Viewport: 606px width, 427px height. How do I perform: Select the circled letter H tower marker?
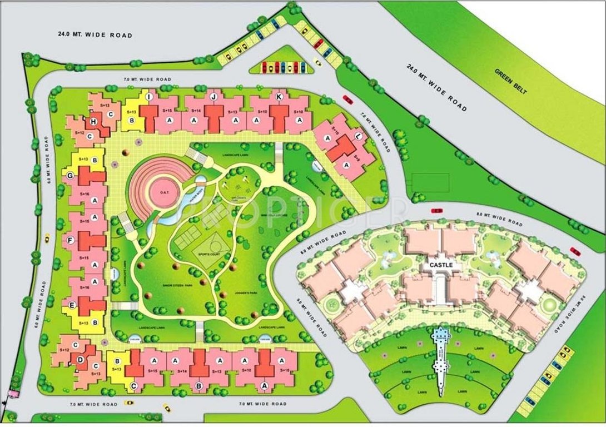pyautogui.click(x=94, y=122)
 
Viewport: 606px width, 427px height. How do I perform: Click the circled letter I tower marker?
pyautogui.click(x=148, y=97)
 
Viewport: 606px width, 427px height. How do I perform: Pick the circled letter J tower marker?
pyautogui.click(x=213, y=97)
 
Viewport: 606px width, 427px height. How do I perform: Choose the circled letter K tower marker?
pyautogui.click(x=279, y=97)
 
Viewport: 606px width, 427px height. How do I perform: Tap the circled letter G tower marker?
pyautogui.click(x=71, y=176)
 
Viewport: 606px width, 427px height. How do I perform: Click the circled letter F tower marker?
pyautogui.click(x=71, y=240)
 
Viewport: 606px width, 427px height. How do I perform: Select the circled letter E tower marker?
pyautogui.click(x=72, y=304)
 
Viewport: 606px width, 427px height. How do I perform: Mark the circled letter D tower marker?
pyautogui.click(x=81, y=359)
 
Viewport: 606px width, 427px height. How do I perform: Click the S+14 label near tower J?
pyautogui.click(x=195, y=112)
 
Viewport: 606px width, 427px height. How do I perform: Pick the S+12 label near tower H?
pyautogui.click(x=79, y=133)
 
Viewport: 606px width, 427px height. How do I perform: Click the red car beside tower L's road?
pyautogui.click(x=347, y=99)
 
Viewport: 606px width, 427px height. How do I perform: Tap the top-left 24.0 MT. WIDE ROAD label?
pyautogui.click(x=96, y=35)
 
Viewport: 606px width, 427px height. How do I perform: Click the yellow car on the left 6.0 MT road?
pyautogui.click(x=47, y=238)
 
